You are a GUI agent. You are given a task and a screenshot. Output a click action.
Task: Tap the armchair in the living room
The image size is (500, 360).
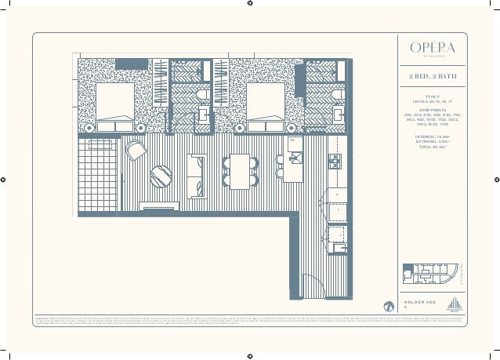[x=136, y=149]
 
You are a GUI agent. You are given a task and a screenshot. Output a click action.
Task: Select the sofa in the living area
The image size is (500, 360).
[x=194, y=169]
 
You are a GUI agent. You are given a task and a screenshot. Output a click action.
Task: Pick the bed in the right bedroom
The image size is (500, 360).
[x=265, y=101]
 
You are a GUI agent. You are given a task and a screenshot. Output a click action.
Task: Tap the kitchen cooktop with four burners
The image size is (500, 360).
[x=335, y=161]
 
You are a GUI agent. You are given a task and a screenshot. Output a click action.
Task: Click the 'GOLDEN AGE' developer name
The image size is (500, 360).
[x=418, y=302]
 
